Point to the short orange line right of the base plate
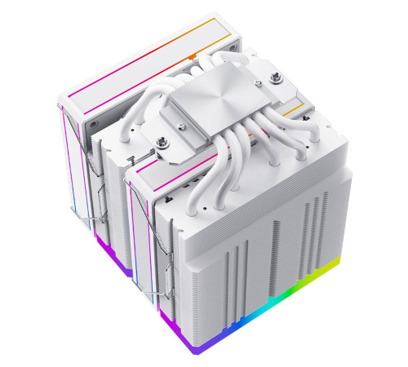pyautogui.click(x=291, y=107)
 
